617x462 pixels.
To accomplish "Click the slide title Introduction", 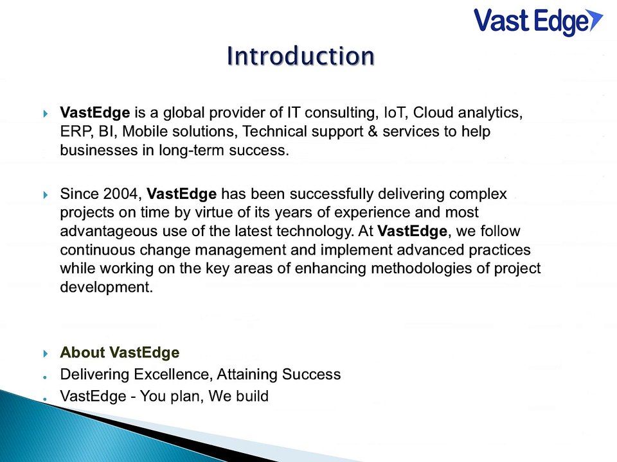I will (301, 56).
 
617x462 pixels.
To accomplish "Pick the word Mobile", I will (144, 132).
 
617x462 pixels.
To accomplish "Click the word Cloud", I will (434, 114).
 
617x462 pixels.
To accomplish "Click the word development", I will (106, 287).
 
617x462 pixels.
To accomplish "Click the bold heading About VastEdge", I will (120, 353).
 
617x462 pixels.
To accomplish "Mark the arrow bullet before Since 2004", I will (46, 194).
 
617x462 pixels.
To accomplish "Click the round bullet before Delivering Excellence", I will (46, 375).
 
